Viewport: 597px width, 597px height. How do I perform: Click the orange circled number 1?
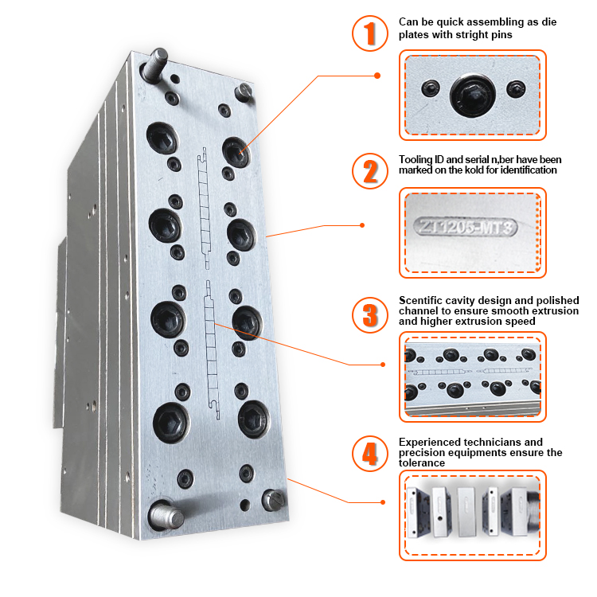coord(369,33)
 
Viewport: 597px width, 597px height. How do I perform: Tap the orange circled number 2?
coord(369,170)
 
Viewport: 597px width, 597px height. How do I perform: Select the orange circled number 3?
coord(369,315)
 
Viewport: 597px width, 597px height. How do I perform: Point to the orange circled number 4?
coord(369,454)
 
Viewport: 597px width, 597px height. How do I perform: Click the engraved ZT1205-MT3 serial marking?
coord(466,227)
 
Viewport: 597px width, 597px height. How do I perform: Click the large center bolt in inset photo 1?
coord(473,95)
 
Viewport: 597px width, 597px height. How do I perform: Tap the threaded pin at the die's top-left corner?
coord(155,64)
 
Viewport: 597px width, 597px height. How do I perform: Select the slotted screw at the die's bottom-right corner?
coord(273,499)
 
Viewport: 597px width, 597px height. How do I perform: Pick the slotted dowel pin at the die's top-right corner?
coord(244,92)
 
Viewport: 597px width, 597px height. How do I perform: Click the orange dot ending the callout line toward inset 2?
coord(362,225)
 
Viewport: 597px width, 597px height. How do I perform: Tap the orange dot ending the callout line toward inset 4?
coord(383,502)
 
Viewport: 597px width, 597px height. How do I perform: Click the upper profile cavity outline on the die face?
coord(204,209)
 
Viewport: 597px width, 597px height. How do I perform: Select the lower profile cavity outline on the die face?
coord(212,349)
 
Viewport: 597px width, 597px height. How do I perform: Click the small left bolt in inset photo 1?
coord(431,88)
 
